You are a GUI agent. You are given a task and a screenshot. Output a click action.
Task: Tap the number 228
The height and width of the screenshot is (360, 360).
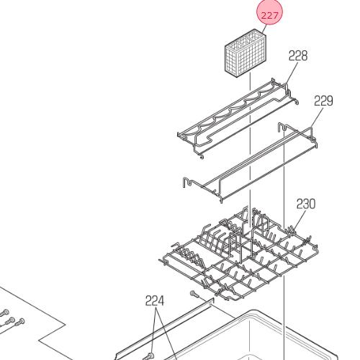tap(298, 56)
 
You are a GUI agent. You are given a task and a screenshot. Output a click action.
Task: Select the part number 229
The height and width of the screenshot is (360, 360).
tap(323, 101)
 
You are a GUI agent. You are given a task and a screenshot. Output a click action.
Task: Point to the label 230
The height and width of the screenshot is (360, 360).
tap(306, 204)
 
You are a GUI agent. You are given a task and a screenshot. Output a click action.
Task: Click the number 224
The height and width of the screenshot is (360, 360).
tap(155, 301)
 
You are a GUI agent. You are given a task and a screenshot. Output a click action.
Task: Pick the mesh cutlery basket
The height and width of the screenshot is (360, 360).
tap(246, 53)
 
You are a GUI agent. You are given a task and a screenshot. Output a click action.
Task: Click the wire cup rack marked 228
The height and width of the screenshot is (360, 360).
tap(238, 117)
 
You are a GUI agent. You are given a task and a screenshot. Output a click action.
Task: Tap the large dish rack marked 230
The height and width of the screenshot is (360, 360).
tap(239, 253)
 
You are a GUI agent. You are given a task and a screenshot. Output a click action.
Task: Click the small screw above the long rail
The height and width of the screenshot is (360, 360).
tap(194, 294)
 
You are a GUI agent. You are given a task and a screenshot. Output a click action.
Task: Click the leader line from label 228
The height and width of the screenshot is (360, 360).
tap(292, 73)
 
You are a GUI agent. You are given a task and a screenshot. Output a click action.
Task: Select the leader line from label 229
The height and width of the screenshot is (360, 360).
tap(317, 117)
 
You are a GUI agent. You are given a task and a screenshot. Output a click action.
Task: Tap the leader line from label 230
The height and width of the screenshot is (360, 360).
tap(300, 220)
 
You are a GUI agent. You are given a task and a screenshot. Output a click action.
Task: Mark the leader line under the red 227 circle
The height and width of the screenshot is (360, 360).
tap(264, 30)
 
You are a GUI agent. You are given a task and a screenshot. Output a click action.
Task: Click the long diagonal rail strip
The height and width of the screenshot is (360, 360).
tap(164, 329)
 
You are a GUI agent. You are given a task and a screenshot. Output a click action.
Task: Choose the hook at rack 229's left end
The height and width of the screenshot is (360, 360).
tap(187, 182)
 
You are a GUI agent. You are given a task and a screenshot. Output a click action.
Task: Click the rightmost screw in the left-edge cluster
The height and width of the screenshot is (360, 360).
tap(20, 322)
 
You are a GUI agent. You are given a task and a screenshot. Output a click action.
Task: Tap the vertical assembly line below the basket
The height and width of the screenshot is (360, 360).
tap(250, 149)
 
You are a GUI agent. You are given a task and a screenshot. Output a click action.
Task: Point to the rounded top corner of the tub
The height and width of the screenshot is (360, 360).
tap(252, 311)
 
